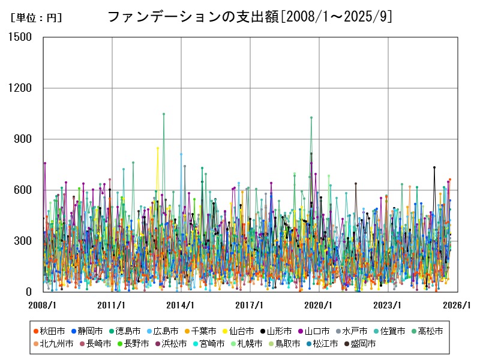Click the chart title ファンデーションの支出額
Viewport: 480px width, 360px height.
(250, 17)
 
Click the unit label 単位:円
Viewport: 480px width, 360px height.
(36, 18)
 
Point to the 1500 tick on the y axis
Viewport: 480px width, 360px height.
(21, 37)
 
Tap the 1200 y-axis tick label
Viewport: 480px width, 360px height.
(21, 88)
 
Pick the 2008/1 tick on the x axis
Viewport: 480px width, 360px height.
(43, 305)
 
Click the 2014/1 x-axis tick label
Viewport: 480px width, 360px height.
(181, 305)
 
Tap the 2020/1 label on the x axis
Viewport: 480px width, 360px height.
(319, 305)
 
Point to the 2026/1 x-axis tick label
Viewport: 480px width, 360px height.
(457, 305)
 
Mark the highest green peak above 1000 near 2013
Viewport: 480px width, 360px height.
(164, 113)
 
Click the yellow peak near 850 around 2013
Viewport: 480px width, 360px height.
(158, 148)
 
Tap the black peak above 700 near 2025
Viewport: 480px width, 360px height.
(434, 167)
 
